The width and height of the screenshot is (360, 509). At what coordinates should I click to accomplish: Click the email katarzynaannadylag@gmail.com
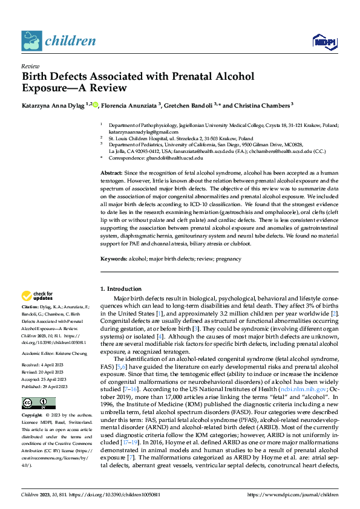(139, 131)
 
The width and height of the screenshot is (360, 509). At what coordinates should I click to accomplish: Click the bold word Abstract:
(112, 173)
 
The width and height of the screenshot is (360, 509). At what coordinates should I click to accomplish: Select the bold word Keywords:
(114, 259)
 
